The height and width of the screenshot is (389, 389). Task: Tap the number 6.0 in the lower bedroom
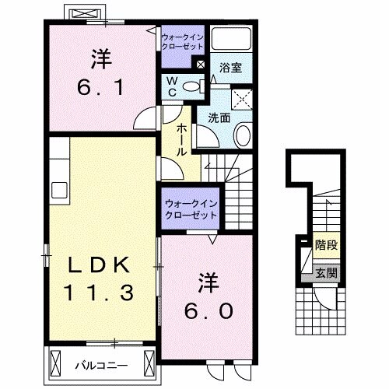tap(208, 310)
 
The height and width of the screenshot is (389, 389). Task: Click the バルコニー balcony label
tap(103, 364)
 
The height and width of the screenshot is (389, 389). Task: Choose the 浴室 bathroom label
tap(230, 67)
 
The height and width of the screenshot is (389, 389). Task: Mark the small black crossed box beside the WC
tap(202, 65)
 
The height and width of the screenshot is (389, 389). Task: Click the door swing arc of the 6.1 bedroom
tap(145, 117)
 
